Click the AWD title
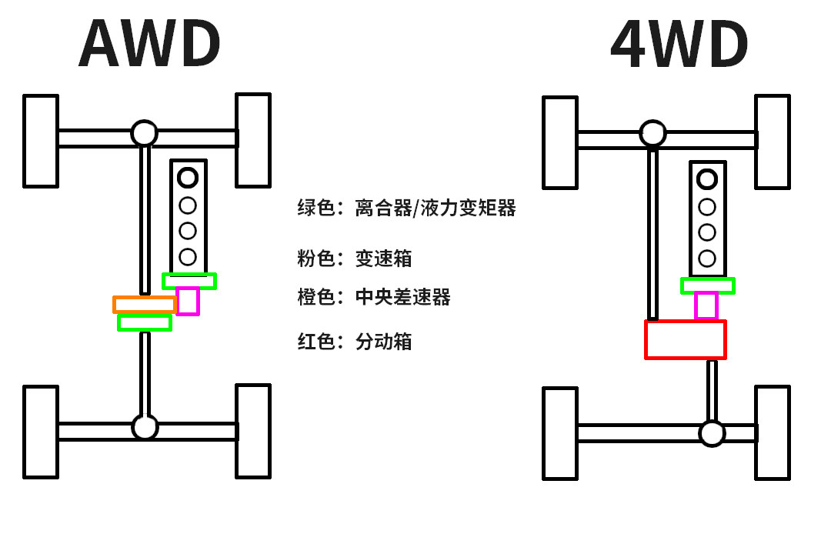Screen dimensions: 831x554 149,43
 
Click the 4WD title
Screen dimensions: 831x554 679,44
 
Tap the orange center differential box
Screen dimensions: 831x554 144,298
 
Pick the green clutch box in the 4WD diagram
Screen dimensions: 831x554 708,279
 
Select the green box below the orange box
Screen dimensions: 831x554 145,316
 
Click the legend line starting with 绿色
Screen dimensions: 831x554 406,208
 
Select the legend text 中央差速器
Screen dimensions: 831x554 402,297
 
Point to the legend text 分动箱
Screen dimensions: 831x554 384,342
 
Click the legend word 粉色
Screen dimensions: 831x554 316,259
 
